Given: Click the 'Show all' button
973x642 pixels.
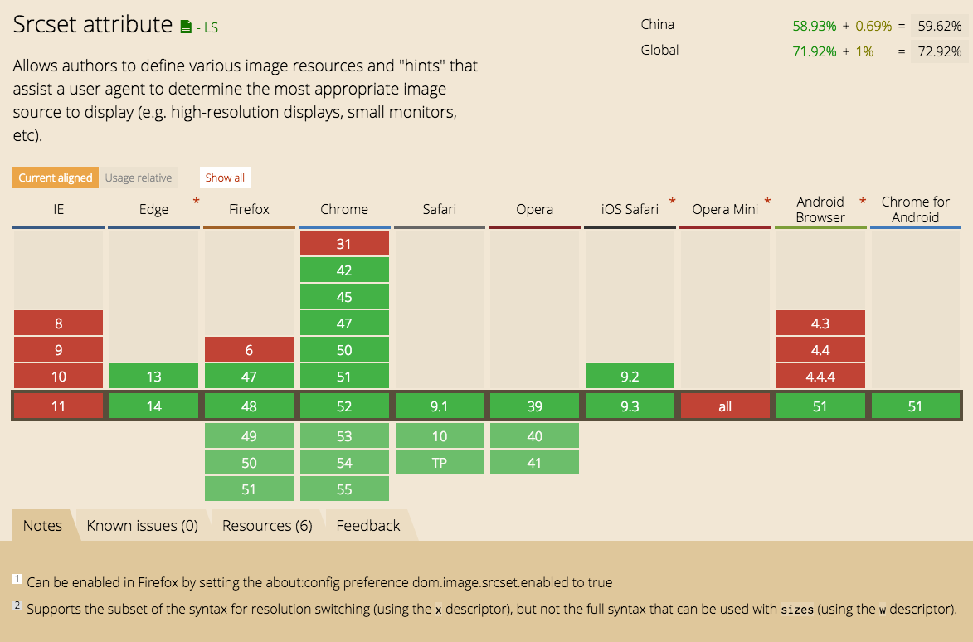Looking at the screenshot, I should [225, 178].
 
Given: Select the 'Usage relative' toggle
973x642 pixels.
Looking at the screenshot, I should [139, 178].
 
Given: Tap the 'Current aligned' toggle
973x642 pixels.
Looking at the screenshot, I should [56, 178].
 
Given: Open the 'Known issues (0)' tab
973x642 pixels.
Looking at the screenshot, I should [142, 525].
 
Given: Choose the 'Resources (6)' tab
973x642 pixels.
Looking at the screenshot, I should [267, 525].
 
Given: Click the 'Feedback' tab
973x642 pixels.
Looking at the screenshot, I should [368, 525].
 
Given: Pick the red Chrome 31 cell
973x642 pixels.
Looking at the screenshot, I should [344, 244].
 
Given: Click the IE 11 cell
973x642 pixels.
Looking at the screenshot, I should [58, 406].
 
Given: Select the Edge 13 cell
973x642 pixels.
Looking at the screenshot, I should [153, 377].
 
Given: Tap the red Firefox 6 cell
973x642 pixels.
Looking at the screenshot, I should [249, 350].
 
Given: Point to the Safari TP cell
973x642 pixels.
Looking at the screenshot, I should [440, 463].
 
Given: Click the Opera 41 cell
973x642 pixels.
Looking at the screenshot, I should [534, 463].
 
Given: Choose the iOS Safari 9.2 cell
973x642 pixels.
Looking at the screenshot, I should [630, 377].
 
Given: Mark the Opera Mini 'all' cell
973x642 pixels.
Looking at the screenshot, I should [725, 406].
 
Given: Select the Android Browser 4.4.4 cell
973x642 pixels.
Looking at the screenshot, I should [820, 377].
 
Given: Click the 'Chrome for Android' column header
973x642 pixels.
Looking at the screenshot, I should [916, 210].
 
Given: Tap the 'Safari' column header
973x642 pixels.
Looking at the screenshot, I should [440, 209].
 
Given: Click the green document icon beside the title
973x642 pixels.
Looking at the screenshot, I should [186, 27].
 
